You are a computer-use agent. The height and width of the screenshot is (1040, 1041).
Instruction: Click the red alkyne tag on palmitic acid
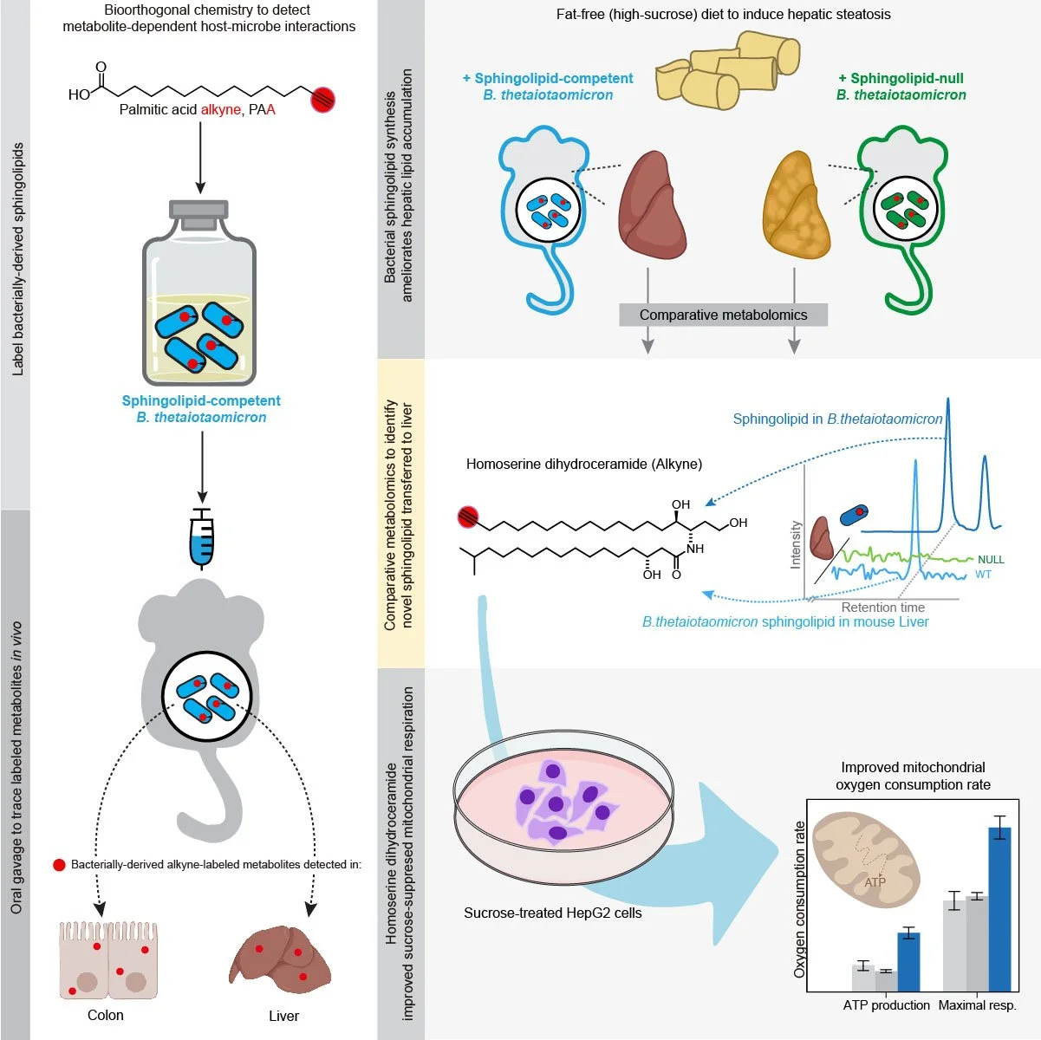tap(322, 100)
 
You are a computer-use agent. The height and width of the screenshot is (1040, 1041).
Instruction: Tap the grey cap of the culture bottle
tap(199, 210)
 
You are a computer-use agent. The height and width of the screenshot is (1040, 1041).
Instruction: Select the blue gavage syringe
tap(201, 537)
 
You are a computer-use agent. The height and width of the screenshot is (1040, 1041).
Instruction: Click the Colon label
tap(106, 1015)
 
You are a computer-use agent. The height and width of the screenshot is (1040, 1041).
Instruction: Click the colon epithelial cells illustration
tap(108, 960)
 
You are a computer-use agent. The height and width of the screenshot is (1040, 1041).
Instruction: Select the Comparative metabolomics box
tap(723, 315)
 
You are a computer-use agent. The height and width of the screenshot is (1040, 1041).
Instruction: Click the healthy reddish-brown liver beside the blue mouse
tap(651, 205)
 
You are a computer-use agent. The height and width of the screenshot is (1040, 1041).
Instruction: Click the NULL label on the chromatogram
tap(991, 560)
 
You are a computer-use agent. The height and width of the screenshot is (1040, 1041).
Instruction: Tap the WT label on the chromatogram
tap(983, 575)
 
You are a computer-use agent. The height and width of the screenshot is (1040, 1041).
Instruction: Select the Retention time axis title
tap(882, 608)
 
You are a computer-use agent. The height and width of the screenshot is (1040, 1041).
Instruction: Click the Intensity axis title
tap(796, 544)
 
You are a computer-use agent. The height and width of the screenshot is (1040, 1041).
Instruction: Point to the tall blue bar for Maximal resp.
tap(999, 908)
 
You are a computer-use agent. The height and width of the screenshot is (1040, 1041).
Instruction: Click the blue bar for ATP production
tap(908, 961)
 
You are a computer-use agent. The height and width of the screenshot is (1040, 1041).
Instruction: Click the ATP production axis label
tap(886, 1005)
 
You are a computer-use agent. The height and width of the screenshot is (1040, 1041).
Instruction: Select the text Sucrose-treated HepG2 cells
tap(552, 913)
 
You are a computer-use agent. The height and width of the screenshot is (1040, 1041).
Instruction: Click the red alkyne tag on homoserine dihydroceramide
tap(469, 517)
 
